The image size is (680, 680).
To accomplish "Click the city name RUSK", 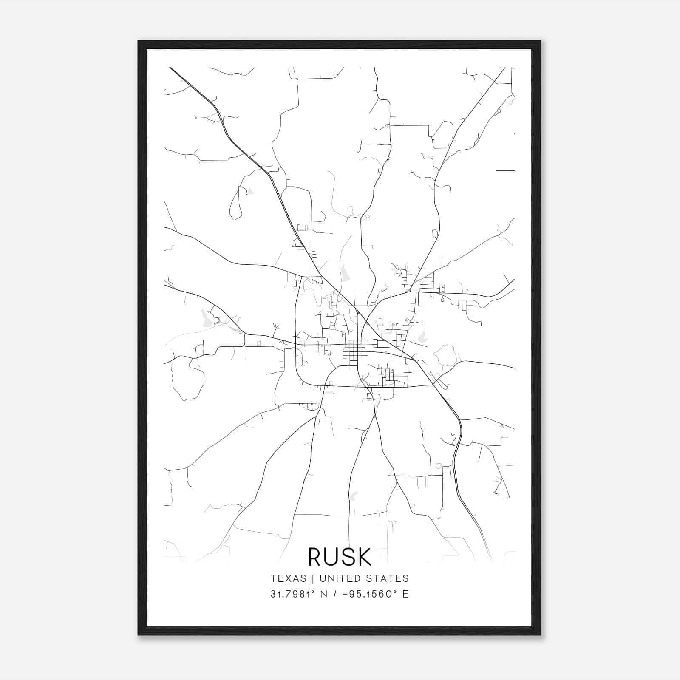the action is (340, 557).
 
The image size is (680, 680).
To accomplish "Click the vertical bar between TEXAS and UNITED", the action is (312, 578).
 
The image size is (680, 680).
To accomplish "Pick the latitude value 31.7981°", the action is (293, 594).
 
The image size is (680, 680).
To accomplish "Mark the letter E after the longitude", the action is (405, 594).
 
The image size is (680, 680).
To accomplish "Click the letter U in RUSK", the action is (332, 557).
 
